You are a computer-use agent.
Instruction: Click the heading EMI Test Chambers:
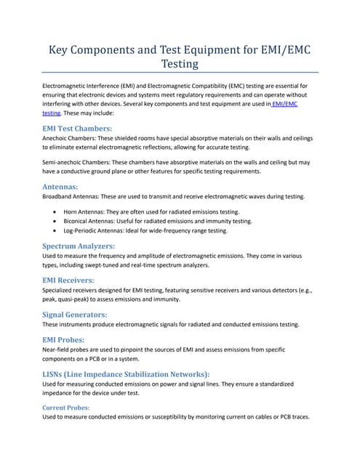pos(78,128)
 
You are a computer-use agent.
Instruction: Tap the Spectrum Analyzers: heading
pos(79,246)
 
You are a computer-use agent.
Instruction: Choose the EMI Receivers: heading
pos(69,280)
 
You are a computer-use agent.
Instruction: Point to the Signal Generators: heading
pos(75,315)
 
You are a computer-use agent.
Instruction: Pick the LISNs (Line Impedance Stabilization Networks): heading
pos(126,373)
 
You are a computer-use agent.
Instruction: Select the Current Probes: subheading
pos(66,408)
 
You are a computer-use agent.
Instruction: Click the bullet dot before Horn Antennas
pos(56,211)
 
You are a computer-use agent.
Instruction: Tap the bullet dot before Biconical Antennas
pos(56,221)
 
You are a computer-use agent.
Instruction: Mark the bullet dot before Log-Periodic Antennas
pos(56,230)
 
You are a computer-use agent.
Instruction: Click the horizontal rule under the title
pos(180,73)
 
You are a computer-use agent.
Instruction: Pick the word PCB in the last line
pos(281,418)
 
